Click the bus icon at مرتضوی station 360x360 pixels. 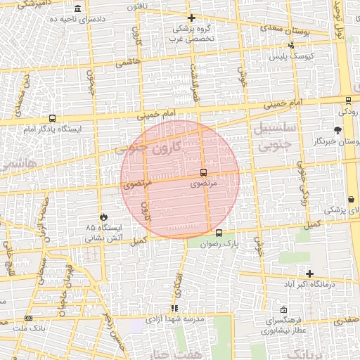(203, 172)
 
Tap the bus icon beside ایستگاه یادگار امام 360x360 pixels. (52, 119)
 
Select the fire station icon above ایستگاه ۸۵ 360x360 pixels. (105, 217)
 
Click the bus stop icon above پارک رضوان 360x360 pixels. (219, 233)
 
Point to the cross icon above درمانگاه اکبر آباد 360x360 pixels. (309, 274)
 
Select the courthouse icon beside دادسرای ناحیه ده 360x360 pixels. (76, 8)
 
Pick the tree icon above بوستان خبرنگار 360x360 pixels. (337, 130)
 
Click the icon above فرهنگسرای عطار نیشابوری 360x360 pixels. (283, 310)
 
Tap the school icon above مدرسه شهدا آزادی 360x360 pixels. (174, 308)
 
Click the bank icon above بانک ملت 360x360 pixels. (28, 318)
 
